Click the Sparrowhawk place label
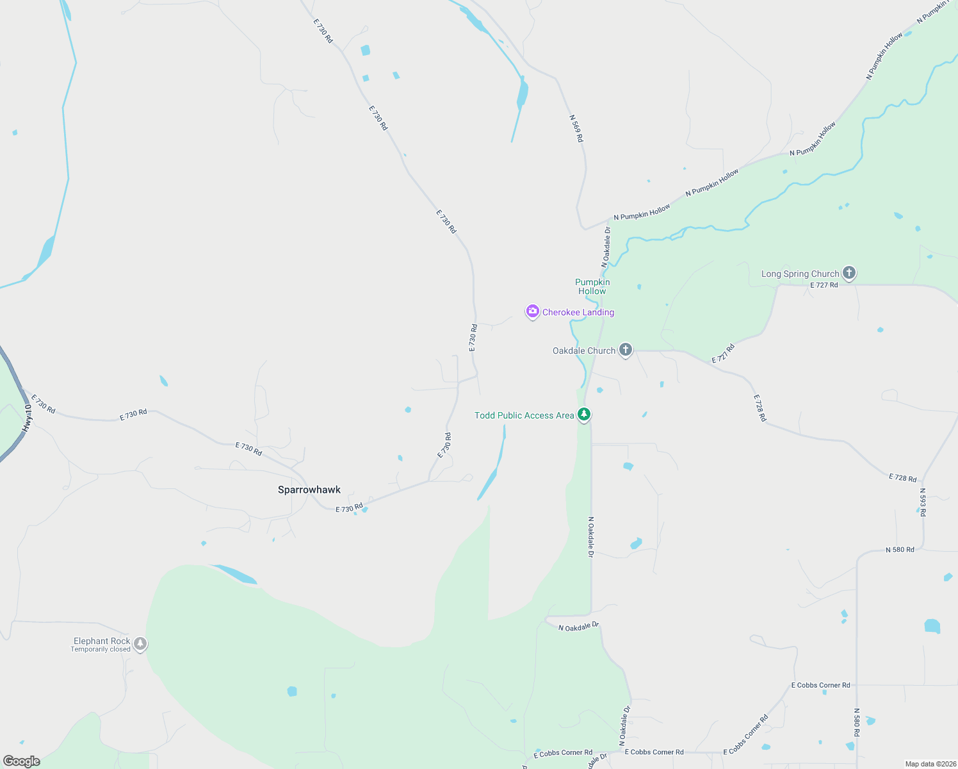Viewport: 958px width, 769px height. click(x=309, y=490)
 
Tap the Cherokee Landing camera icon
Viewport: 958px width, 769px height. click(x=532, y=311)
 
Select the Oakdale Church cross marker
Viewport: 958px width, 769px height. click(x=626, y=350)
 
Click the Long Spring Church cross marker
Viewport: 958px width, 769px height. click(x=848, y=273)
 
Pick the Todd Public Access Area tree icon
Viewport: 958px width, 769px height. click(x=583, y=415)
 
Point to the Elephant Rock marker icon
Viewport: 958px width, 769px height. click(x=140, y=644)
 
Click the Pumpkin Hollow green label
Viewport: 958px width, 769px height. click(x=592, y=286)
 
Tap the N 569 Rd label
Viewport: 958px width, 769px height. click(x=576, y=128)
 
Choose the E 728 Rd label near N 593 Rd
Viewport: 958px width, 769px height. click(x=903, y=478)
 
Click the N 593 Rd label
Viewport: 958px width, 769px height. click(x=923, y=502)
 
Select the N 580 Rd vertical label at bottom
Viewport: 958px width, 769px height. click(x=857, y=722)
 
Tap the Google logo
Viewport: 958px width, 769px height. click(x=21, y=761)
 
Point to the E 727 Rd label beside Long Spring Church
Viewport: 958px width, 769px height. click(x=824, y=285)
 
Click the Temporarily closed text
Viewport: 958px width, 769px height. click(x=101, y=649)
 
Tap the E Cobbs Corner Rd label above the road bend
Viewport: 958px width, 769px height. click(x=820, y=685)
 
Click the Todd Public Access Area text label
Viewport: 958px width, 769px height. click(x=524, y=415)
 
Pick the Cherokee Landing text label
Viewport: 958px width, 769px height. click(x=578, y=312)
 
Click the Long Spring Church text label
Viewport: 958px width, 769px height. click(x=800, y=274)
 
